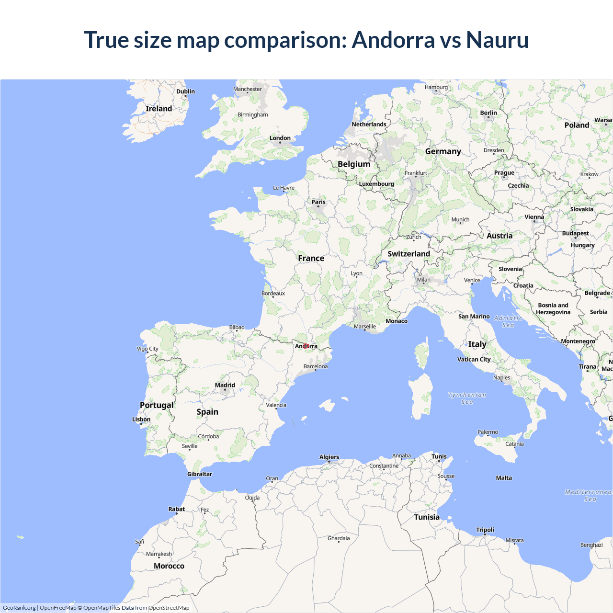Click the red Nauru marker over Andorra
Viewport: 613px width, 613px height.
tap(306, 346)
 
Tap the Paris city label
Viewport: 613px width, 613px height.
tap(318, 202)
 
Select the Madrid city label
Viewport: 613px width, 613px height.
tap(225, 385)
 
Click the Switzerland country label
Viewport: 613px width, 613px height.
tap(409, 254)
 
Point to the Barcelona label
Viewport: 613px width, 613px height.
tap(316, 366)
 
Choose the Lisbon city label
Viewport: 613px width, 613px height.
tap(141, 420)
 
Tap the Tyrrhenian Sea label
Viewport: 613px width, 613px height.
tap(467, 398)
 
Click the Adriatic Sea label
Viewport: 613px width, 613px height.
tap(508, 321)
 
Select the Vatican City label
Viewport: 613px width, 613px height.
tap(474, 359)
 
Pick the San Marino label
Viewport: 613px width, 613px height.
tap(474, 317)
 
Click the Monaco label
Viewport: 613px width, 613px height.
tap(397, 321)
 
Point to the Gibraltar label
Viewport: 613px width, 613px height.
tap(200, 474)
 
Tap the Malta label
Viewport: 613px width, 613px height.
tap(504, 478)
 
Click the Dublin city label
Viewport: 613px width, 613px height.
tap(185, 91)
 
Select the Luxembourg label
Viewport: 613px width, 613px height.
tap(376, 184)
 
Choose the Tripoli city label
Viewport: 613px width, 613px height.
tap(485, 530)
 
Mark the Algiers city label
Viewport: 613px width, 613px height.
tap(329, 457)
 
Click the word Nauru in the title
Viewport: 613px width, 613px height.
tap(497, 40)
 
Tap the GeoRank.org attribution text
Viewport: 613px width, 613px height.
tap(19, 608)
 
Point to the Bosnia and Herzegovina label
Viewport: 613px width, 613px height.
tap(553, 309)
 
